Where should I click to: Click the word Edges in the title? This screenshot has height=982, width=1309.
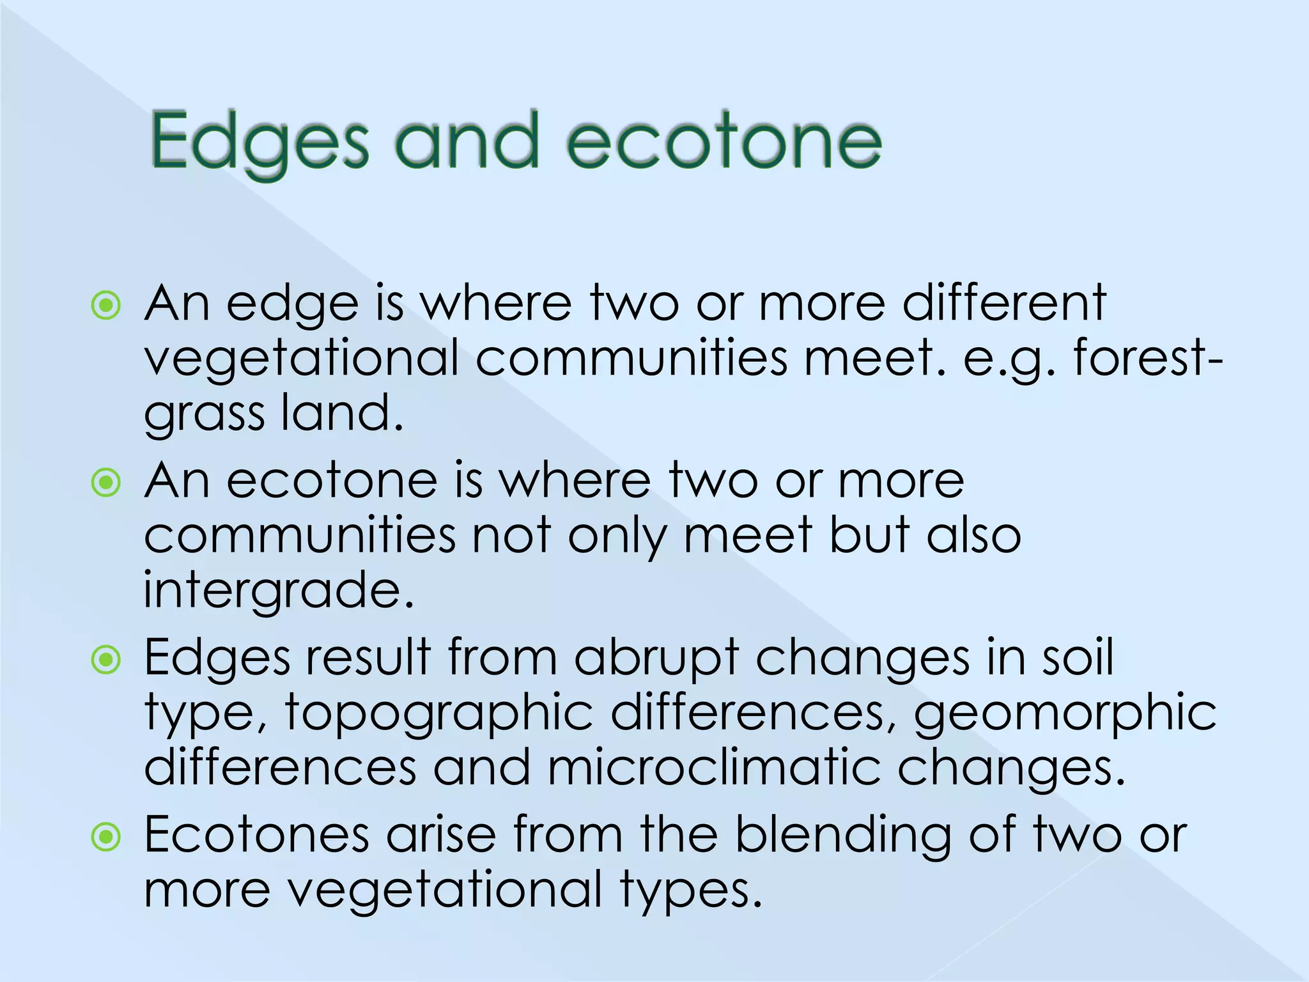pyautogui.click(x=259, y=142)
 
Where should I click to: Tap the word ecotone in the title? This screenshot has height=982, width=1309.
pyautogui.click(x=724, y=142)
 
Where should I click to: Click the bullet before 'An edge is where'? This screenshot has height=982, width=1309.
pyautogui.click(x=106, y=306)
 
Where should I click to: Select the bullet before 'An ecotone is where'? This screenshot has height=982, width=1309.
pyautogui.click(x=106, y=483)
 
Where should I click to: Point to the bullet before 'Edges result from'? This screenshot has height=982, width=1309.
pyautogui.click(x=106, y=660)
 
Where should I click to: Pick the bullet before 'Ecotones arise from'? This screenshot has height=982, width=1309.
pyautogui.click(x=106, y=837)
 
